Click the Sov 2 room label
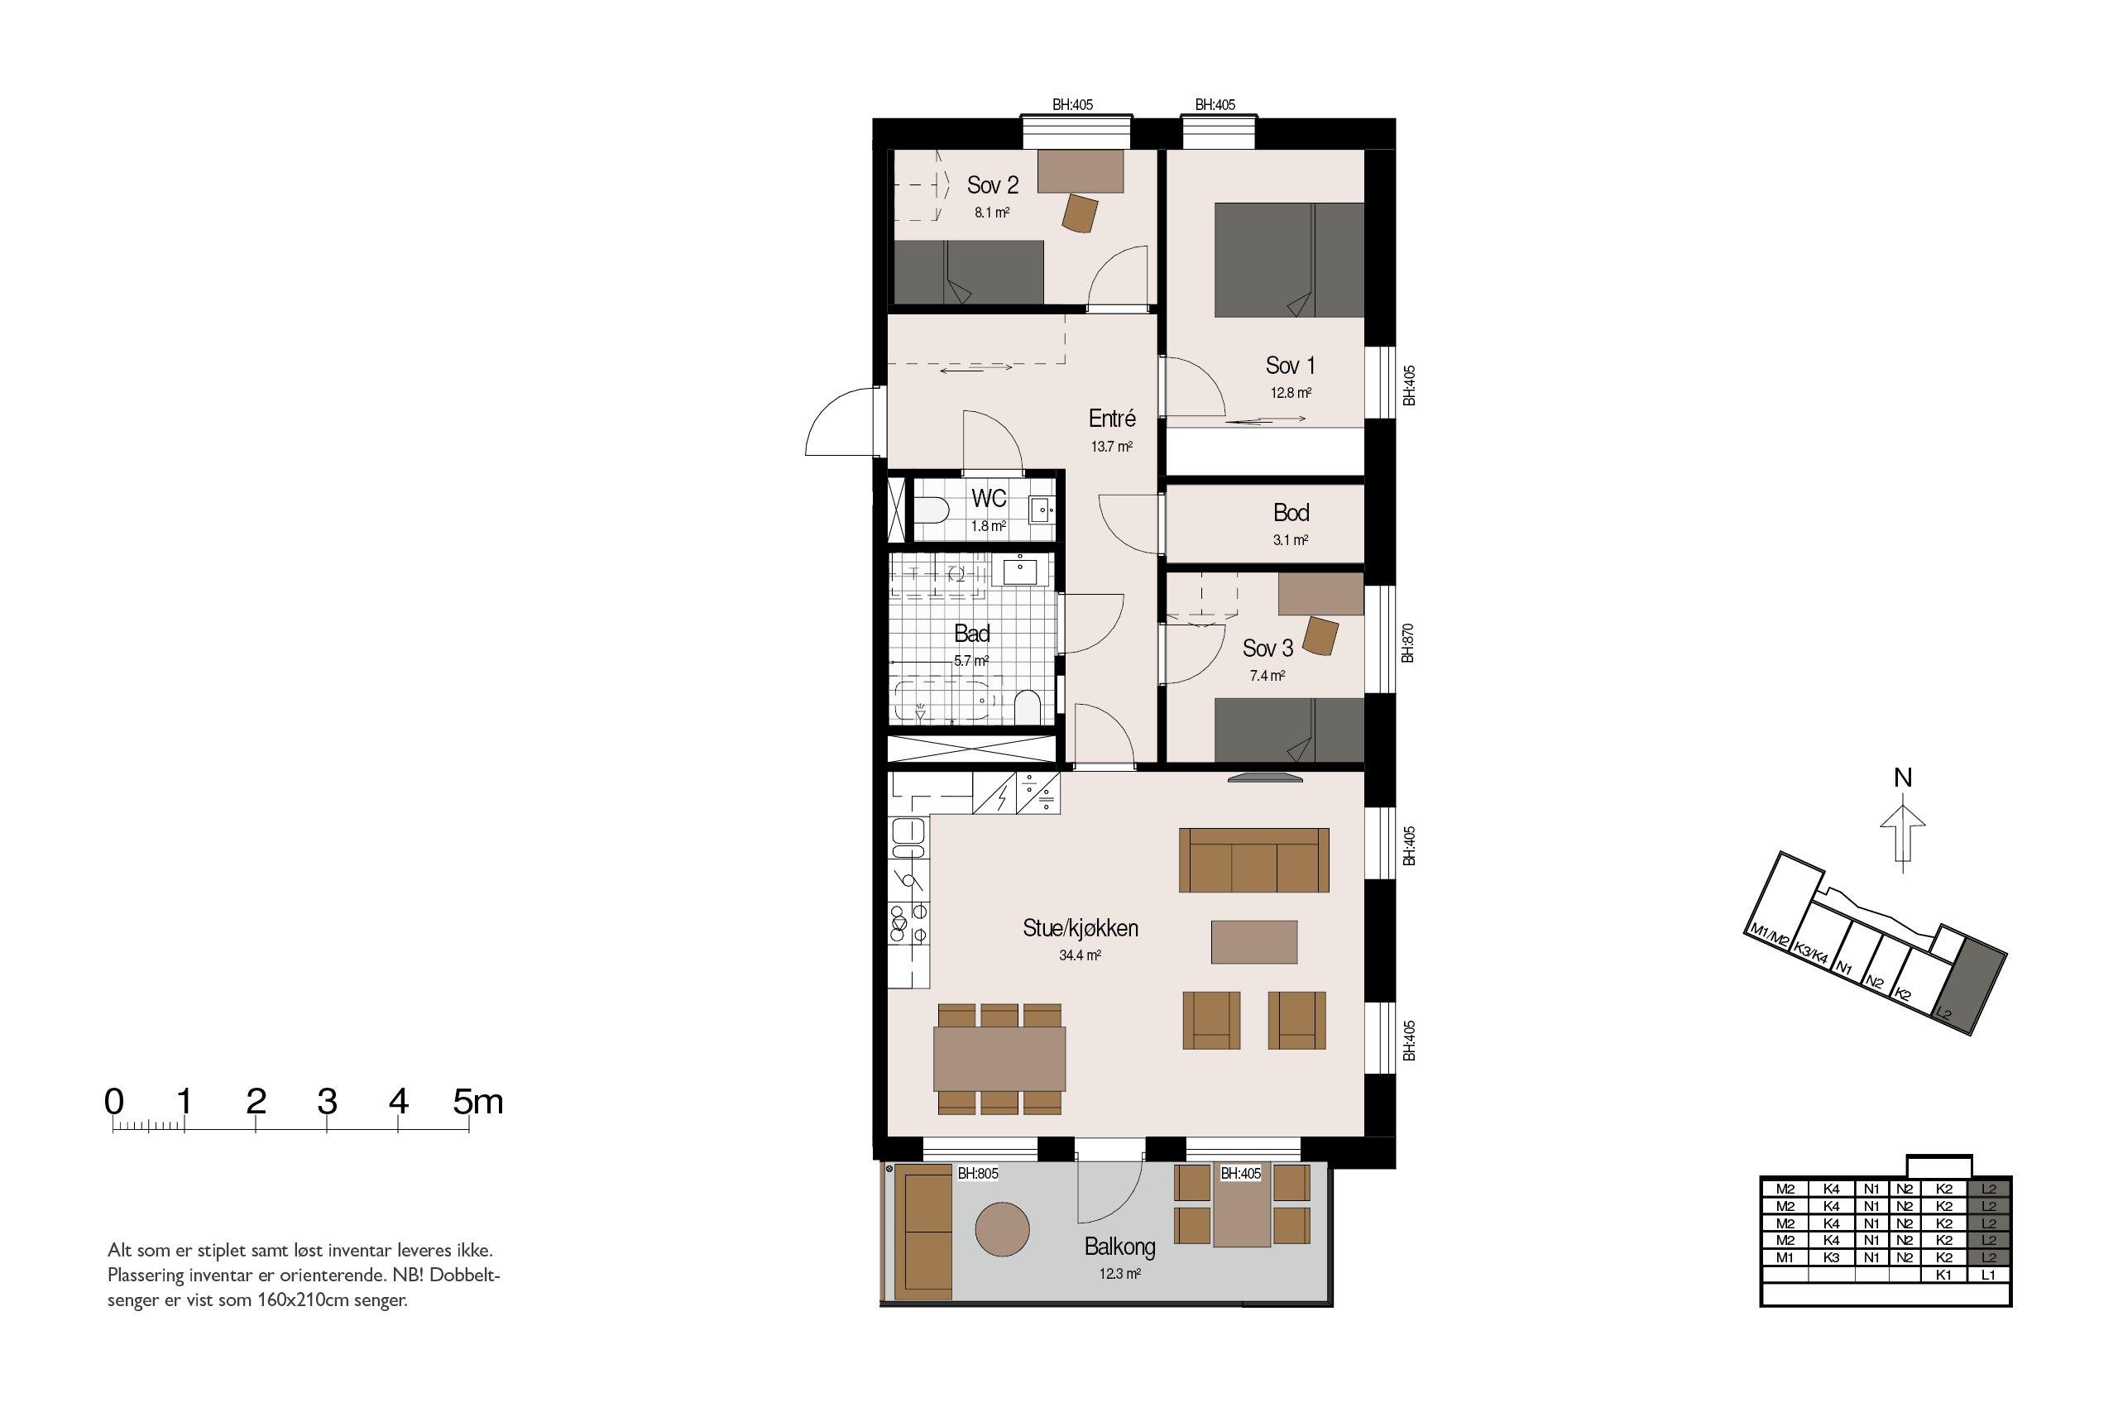992,185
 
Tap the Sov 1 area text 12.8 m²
1291,394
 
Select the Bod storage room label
1291,514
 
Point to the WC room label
988,499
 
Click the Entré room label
1112,418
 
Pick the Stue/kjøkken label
1080,928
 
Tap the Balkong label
1119,1247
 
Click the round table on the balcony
1002,1228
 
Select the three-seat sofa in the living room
1254,860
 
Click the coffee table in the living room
1253,942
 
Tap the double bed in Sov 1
1289,260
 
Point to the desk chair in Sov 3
1321,636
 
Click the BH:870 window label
1407,643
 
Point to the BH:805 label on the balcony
978,1175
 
